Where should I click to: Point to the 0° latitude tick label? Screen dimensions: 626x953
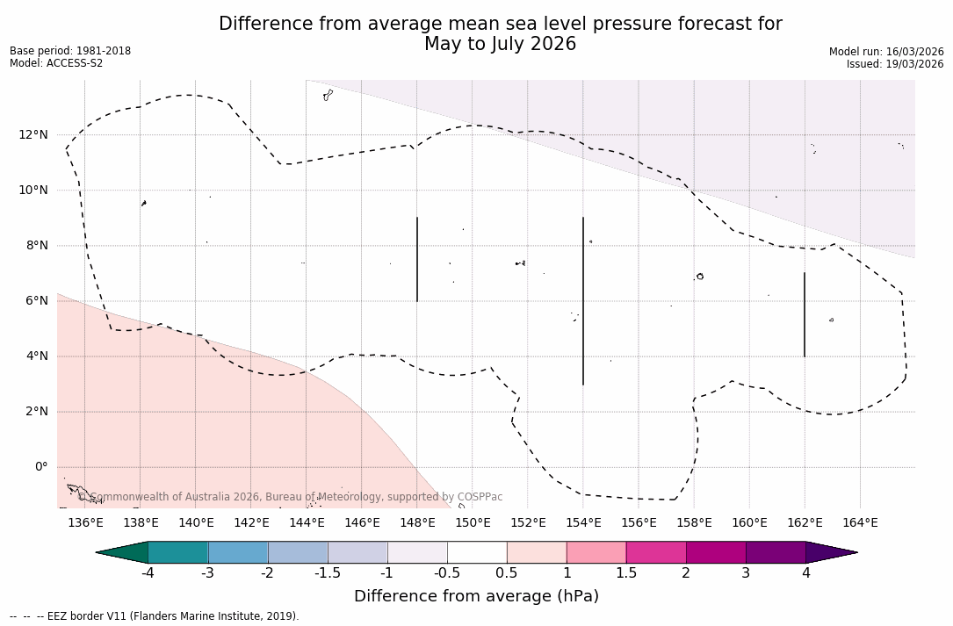point(40,467)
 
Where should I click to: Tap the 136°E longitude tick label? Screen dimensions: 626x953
point(85,523)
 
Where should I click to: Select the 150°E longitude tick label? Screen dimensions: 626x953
point(473,523)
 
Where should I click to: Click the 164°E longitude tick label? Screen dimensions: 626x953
point(860,523)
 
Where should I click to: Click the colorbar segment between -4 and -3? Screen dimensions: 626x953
point(178,552)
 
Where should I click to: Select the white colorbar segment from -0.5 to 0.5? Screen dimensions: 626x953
point(477,552)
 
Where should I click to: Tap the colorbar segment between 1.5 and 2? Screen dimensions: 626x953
point(656,552)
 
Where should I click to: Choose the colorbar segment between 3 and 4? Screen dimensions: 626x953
point(776,552)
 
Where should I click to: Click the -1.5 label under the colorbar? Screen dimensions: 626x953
point(327,573)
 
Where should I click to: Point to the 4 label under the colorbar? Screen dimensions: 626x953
point(805,573)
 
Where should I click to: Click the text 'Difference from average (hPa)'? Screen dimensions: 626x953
point(476,596)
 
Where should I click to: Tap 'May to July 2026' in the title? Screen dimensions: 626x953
point(500,44)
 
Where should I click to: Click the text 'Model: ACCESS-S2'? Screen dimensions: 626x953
point(56,63)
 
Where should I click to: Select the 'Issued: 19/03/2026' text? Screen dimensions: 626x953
point(894,64)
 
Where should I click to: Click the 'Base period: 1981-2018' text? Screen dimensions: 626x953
point(70,51)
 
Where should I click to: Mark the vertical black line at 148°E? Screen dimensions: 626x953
point(417,259)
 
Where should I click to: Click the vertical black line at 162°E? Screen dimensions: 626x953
point(805,314)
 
